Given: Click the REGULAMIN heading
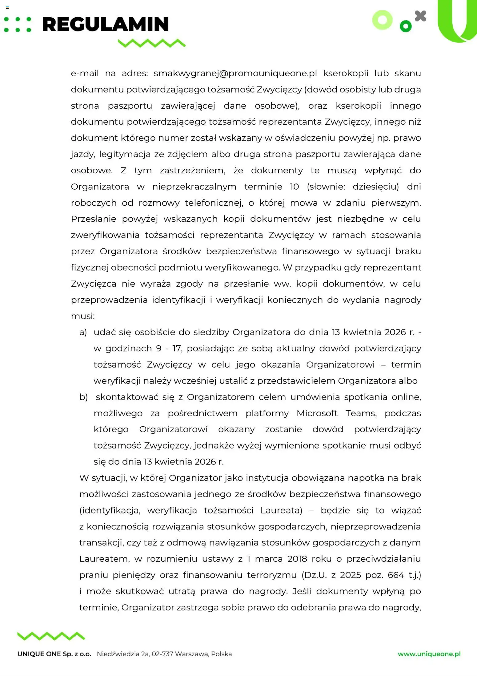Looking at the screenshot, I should tap(105, 24).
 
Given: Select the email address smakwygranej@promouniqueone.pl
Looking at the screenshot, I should tap(235, 73).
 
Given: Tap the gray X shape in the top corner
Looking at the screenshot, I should tap(420, 16).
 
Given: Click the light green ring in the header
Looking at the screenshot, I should tap(382, 20).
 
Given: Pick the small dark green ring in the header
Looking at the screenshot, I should tap(405, 26).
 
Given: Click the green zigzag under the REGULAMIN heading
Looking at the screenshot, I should tap(152, 43).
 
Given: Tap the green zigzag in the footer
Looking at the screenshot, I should tap(51, 636).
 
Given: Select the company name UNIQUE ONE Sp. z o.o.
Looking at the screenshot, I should tap(54, 654).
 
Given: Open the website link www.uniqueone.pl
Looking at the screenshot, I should tap(429, 654).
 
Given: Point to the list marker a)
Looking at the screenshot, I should tap(83, 332).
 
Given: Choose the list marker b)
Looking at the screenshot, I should tap(83, 397).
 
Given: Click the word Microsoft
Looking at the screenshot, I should tap(317, 413).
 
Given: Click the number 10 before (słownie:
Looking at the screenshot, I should tap(294, 187).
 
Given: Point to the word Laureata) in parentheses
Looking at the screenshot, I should tap(281, 510).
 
